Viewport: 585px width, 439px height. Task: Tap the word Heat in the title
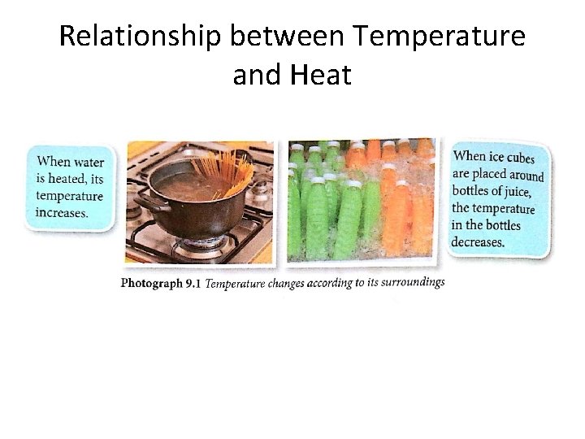point(320,76)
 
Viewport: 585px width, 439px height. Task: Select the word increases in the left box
point(62,212)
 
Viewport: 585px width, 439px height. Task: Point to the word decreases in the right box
point(479,241)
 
